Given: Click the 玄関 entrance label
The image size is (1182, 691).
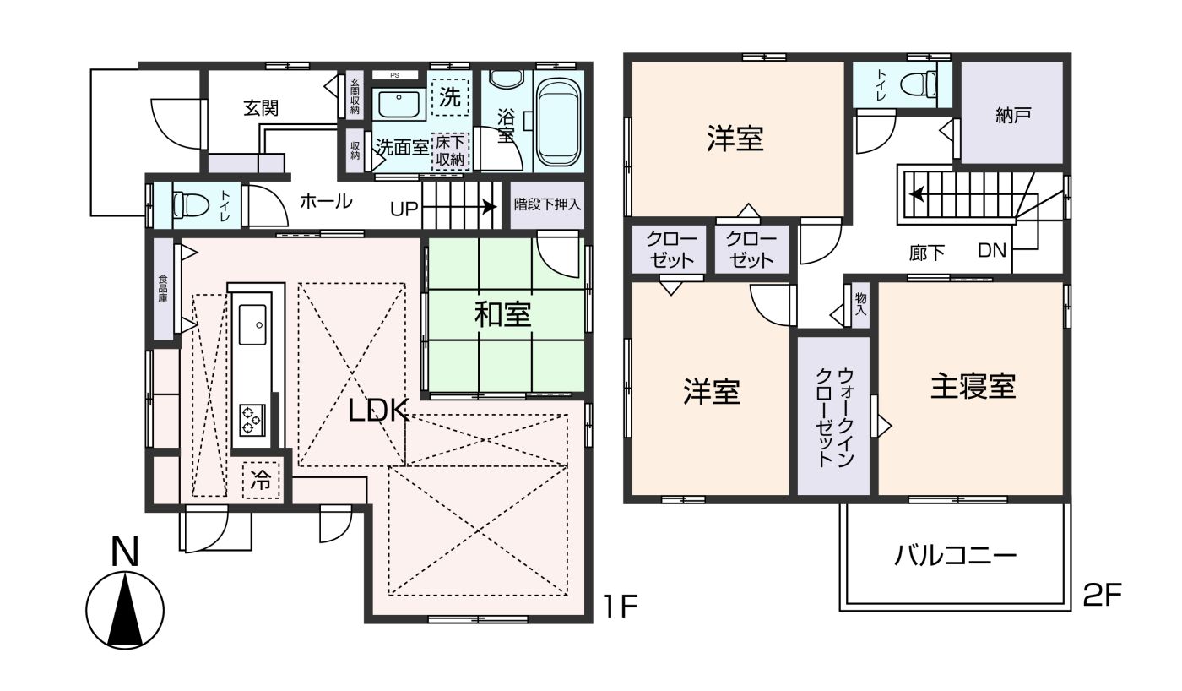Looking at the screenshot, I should pos(261,108).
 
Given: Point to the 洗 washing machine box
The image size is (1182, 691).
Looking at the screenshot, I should pos(450,97).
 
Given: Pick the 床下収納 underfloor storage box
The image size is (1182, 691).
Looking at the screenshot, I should pos(450,151).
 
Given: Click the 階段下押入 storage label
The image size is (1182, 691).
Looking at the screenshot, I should pos(547,204).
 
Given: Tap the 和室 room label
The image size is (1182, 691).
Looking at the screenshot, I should pos(502,315).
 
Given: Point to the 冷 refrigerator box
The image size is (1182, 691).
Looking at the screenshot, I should pos(261,481).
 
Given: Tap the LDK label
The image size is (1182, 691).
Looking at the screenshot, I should pos(379,411).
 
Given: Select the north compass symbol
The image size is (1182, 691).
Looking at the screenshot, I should pos(125,608).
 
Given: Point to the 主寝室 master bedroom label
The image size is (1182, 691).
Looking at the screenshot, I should pos(973,387).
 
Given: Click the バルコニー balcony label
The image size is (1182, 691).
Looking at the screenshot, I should pos(956,557).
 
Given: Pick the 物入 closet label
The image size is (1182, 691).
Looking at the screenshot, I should pos(860,305).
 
